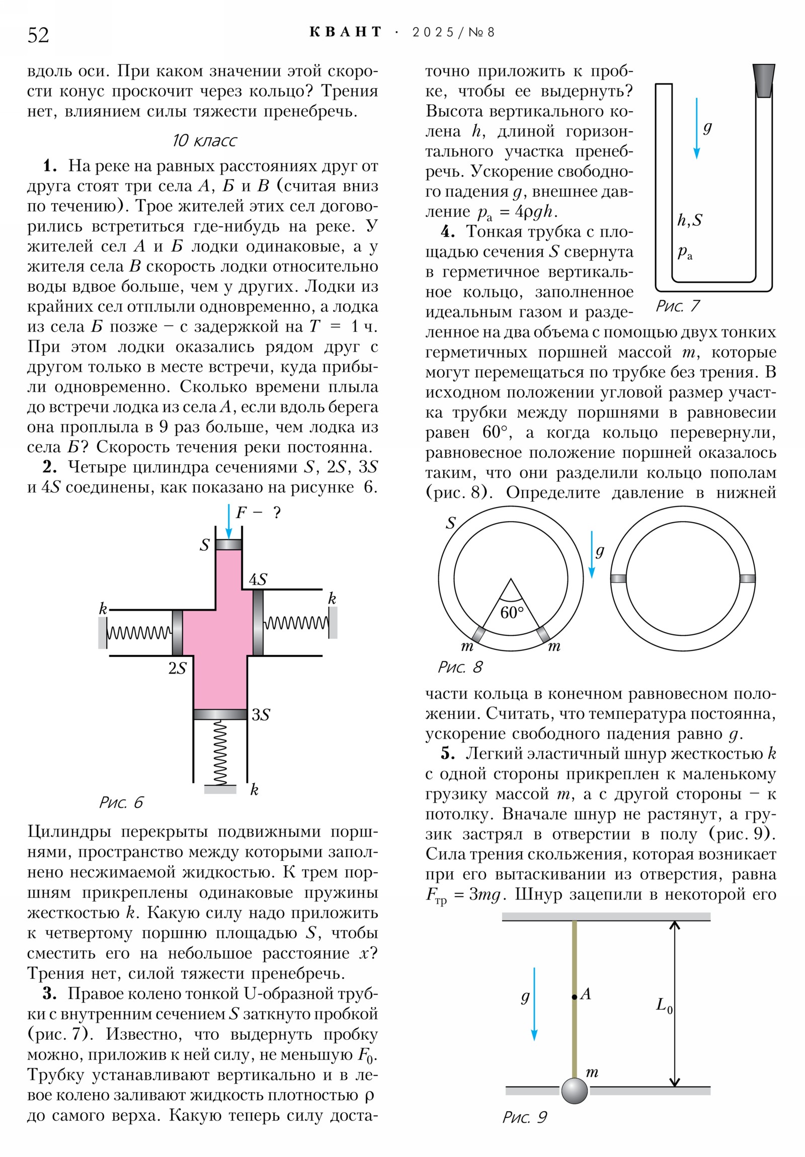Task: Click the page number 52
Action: click(38, 35)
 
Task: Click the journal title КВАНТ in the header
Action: click(345, 32)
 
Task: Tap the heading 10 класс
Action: click(204, 140)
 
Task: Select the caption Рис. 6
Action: click(121, 803)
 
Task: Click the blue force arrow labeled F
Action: click(229, 521)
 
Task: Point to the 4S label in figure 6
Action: click(258, 580)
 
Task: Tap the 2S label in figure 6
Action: click(178, 668)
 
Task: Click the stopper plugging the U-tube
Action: click(763, 80)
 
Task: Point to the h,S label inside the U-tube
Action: click(690, 220)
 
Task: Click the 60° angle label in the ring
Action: click(512, 613)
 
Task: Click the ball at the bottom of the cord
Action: click(574, 1091)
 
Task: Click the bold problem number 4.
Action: click(448, 232)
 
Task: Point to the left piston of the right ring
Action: click(618, 578)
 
